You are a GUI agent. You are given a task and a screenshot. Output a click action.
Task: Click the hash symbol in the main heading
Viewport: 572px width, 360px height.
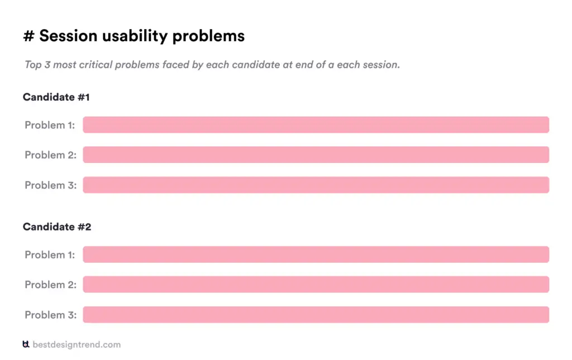(28, 36)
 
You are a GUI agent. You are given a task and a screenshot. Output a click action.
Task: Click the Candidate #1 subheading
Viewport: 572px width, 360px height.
(56, 97)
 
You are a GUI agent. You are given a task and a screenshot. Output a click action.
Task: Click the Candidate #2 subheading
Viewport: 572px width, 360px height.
(57, 227)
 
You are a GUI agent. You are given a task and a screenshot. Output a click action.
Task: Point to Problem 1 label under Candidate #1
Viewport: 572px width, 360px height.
(50, 125)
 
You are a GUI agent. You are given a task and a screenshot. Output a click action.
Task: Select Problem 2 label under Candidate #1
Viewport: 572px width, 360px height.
(50, 155)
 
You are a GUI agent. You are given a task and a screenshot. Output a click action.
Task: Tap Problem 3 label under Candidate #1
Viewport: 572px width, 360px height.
(50, 185)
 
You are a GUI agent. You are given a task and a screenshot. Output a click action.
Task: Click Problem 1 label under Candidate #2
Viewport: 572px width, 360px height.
(50, 255)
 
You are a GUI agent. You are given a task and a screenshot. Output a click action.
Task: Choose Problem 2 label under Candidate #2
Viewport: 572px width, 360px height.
(50, 285)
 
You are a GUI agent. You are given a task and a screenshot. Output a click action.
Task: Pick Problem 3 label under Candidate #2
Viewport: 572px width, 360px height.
(50, 315)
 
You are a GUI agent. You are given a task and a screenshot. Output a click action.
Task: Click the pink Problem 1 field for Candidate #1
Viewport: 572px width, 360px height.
(316, 125)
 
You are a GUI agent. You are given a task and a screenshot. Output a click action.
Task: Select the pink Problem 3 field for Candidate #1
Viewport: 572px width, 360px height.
(316, 185)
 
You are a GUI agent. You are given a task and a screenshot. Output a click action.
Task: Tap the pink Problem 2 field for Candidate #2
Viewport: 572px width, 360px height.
(316, 285)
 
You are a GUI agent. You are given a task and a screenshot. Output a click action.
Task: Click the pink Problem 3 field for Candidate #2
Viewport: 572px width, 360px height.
(316, 315)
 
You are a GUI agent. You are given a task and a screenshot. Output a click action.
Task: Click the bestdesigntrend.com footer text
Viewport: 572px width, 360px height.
(77, 344)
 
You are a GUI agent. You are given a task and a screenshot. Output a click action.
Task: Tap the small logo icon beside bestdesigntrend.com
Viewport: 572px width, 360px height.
(26, 344)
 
